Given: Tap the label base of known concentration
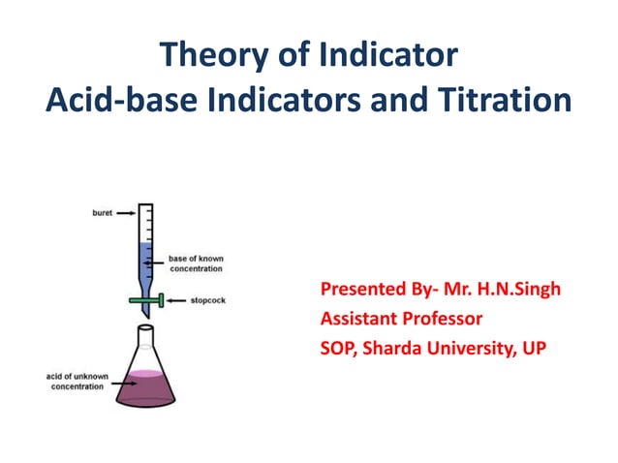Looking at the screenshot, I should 198,263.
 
